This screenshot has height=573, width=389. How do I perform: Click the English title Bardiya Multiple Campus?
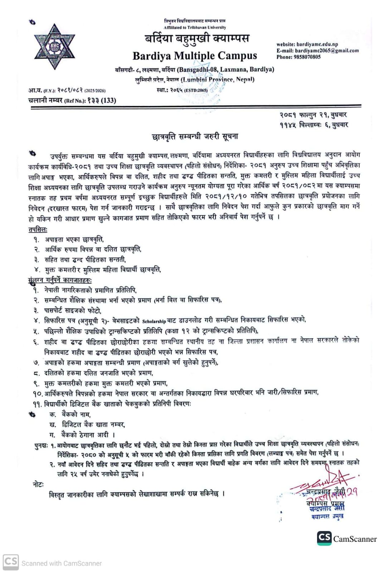pyautogui.click(x=195, y=56)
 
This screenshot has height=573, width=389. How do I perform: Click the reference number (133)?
pyautogui.click(x=108, y=100)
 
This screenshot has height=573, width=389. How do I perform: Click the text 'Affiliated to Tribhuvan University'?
pyautogui.click(x=195, y=27)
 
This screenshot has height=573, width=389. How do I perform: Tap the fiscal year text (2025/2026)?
pyautogui.click(x=95, y=91)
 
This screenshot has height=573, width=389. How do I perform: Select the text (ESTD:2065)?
pyautogui.click(x=196, y=90)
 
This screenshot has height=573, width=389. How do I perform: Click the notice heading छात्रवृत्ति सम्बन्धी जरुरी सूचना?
pyautogui.click(x=195, y=137)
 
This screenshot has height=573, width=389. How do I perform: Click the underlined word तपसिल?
pyautogui.click(x=38, y=229)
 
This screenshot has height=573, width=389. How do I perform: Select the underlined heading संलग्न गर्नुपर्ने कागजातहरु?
pyautogui.click(x=60, y=280)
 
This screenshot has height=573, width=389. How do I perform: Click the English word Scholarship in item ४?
pyautogui.click(x=154, y=321)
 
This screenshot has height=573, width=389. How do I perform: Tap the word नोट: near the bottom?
pyautogui.click(x=38, y=484)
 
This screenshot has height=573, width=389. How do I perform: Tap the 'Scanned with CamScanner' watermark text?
pyautogui.click(x=61, y=563)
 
